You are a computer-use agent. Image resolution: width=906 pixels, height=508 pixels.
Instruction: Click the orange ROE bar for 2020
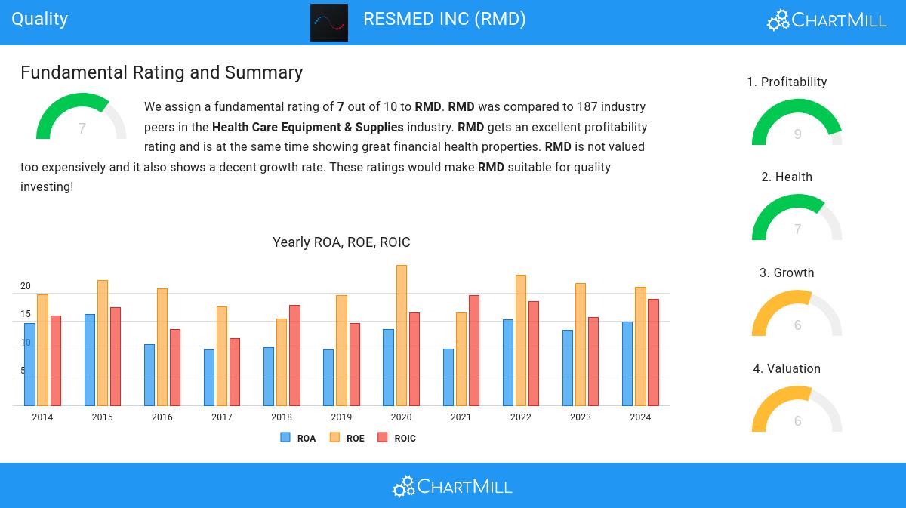402,335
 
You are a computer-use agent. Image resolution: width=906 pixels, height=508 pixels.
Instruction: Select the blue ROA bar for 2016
149,374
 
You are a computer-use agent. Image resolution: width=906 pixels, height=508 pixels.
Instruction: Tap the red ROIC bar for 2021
474,350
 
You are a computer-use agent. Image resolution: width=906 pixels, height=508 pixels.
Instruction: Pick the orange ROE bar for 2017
222,356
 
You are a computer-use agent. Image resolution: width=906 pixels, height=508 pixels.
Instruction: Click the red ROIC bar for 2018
294,355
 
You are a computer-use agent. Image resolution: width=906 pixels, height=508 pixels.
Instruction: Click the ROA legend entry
298,438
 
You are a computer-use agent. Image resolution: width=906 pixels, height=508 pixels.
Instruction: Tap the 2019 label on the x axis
341,417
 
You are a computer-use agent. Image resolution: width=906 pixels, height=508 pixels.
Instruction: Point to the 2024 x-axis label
640,417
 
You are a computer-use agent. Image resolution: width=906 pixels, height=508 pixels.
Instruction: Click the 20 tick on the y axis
26,286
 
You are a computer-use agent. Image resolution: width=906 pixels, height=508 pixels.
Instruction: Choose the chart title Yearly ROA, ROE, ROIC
341,242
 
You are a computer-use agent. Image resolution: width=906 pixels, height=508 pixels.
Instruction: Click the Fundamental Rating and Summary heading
162,72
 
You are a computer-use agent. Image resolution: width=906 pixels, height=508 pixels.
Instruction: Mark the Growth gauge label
787,272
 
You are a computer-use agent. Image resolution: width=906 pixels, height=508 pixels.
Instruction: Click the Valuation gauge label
787,368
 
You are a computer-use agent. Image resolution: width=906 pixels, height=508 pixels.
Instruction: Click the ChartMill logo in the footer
452,486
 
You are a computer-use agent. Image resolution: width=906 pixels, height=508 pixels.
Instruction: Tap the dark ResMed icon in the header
329,23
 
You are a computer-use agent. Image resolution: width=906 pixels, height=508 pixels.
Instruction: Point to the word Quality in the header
40,19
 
